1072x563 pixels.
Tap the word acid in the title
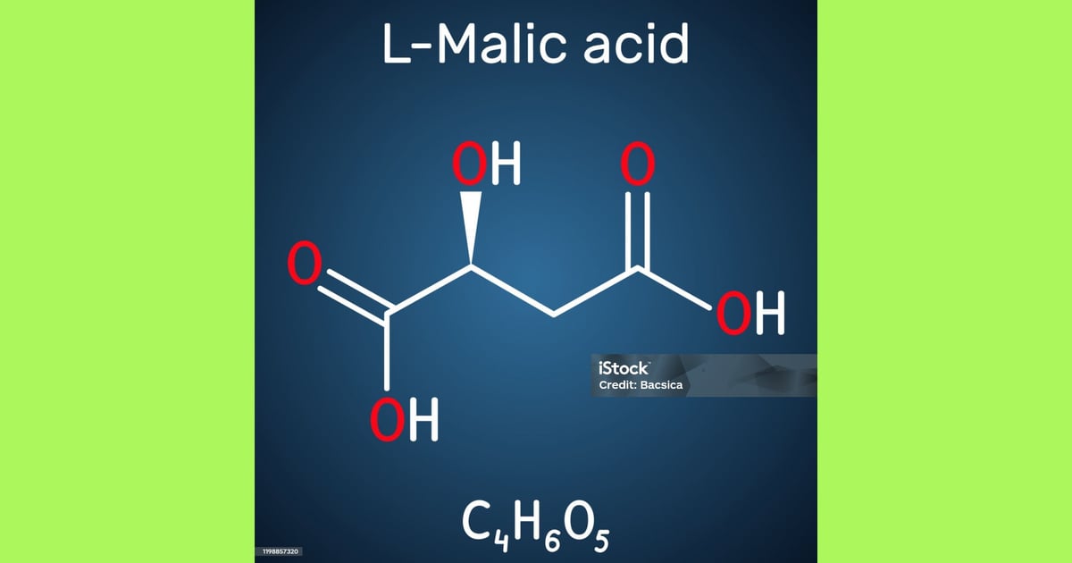[636, 43]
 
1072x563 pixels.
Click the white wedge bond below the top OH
[471, 228]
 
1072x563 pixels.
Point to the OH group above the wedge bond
[486, 164]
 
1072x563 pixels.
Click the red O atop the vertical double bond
[638, 164]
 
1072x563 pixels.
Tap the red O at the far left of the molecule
[305, 263]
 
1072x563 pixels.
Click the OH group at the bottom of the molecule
[404, 420]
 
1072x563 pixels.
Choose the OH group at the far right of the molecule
[750, 313]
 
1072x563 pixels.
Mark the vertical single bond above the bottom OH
[387, 352]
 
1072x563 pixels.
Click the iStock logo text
[624, 368]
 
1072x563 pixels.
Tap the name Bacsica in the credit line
[661, 385]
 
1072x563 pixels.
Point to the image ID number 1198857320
[280, 551]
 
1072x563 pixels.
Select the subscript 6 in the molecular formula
[552, 540]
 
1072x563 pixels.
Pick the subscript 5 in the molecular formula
[601, 540]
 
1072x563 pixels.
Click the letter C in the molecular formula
[474, 521]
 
